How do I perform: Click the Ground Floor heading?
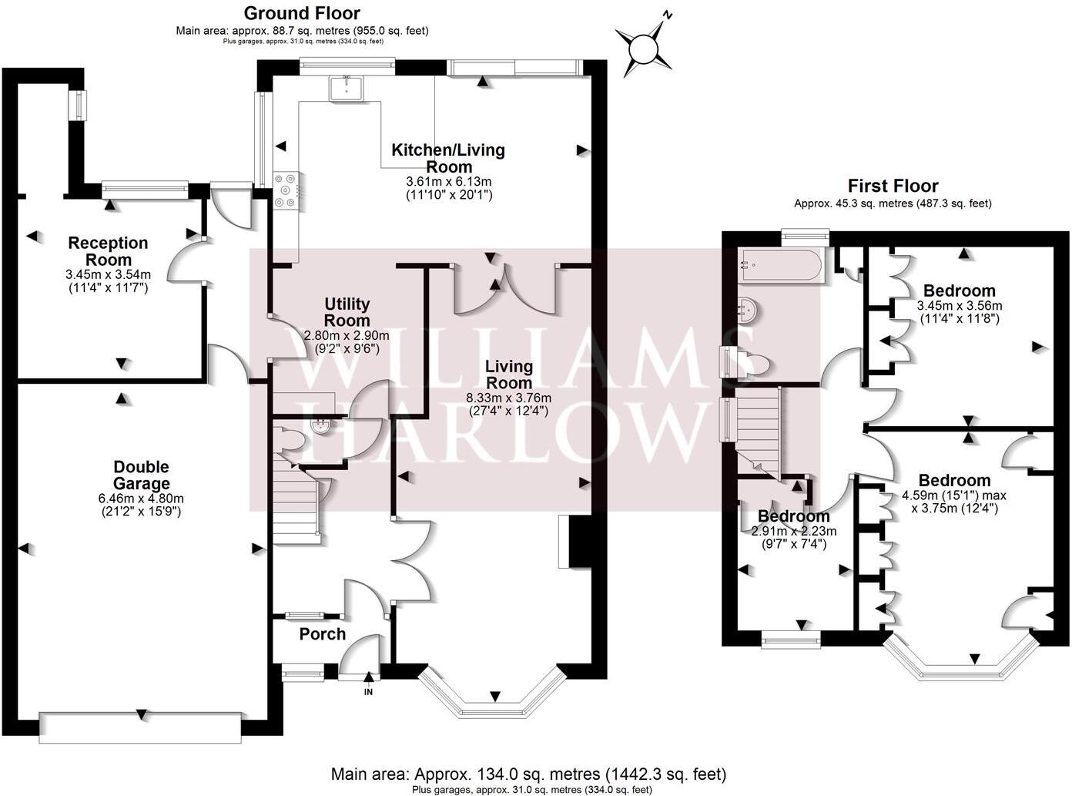coord(302,13)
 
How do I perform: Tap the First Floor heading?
coord(893,186)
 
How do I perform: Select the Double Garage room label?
coord(141,475)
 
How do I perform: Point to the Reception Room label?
coord(108,251)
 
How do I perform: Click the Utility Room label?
coord(347,312)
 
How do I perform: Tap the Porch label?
coord(322,634)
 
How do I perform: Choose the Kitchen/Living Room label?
coord(448,158)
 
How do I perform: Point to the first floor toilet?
coord(750,362)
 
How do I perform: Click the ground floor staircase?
coord(295,497)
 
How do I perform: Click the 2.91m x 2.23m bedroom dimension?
coord(794,531)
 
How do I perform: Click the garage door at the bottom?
coord(141,727)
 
